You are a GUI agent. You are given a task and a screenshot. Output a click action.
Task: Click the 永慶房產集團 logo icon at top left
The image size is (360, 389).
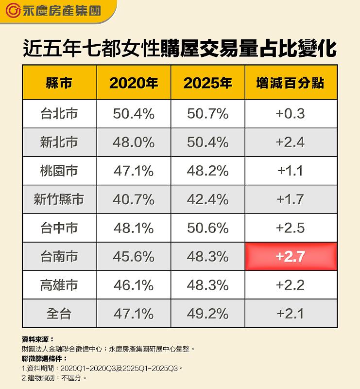point(13,10)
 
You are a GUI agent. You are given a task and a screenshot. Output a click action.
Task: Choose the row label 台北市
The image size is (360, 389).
point(59,114)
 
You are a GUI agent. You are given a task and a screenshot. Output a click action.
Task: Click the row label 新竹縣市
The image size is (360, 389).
point(59,199)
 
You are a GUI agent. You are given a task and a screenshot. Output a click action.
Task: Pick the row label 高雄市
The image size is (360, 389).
point(59,285)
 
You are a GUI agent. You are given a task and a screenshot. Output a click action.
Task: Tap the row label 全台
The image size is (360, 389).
point(59,314)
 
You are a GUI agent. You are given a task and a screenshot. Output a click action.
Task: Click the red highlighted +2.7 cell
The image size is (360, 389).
point(290,256)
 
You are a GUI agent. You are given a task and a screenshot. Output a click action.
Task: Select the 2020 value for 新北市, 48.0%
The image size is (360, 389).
point(134,142)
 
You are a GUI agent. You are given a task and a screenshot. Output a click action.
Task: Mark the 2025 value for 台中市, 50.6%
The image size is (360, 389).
point(207,228)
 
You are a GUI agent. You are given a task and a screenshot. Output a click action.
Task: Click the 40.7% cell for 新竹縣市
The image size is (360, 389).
point(134,199)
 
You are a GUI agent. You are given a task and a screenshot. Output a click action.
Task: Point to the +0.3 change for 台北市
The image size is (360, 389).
point(290,114)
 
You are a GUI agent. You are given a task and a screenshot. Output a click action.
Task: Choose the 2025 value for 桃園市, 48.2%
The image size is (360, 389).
point(207,171)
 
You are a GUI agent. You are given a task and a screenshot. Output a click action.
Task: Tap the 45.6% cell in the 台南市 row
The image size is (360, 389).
point(134,256)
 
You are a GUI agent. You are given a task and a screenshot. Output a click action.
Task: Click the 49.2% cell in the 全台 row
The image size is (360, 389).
point(207,314)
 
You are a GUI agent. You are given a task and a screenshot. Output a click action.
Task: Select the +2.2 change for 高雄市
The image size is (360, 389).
point(290,285)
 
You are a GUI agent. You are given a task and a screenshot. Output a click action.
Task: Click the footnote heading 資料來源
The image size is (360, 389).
point(38,339)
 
